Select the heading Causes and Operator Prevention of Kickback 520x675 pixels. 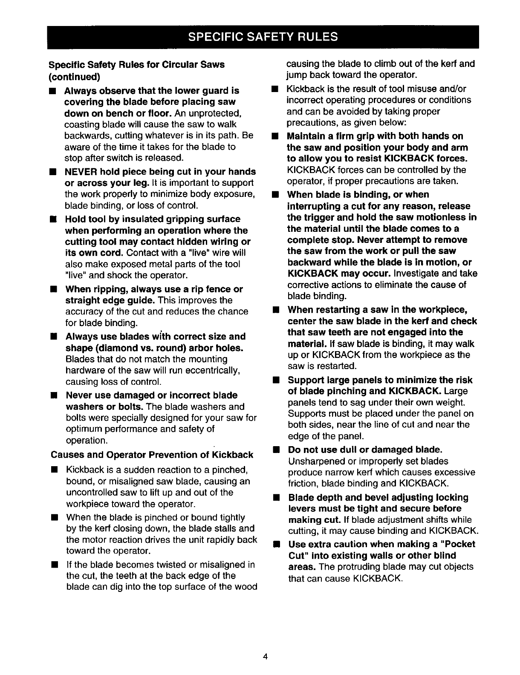point(152,455)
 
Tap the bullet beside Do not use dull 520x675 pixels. point(276,450)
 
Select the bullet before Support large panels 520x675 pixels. point(276,380)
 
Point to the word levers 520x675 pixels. point(304,508)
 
